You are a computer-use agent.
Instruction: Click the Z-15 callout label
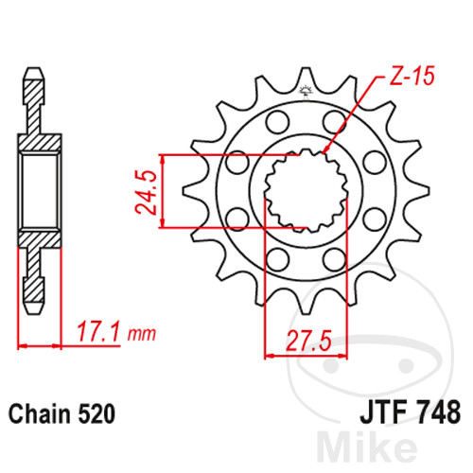click(412, 76)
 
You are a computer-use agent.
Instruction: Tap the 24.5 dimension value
click(146, 193)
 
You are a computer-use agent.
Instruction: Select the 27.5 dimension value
click(308, 341)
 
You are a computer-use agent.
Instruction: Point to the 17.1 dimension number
click(98, 332)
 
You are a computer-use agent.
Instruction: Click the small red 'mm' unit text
click(142, 334)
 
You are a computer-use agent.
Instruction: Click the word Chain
click(40, 413)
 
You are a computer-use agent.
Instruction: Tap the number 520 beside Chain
click(96, 413)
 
